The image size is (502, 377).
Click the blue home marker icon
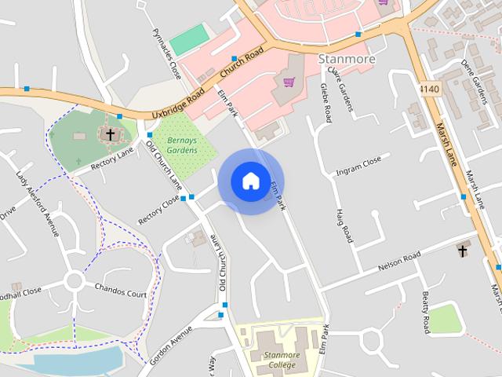point(250,181)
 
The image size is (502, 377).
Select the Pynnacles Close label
point(166,53)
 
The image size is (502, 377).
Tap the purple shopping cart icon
point(289,82)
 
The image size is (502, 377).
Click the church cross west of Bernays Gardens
point(110,135)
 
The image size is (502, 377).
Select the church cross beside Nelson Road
point(463,251)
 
